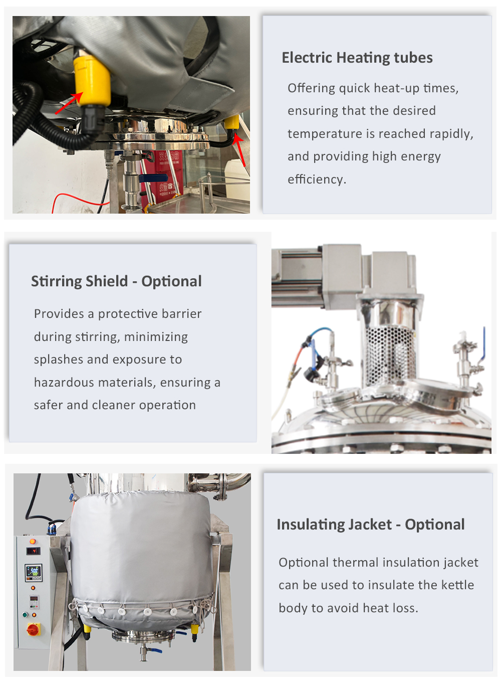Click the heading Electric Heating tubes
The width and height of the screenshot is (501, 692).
tap(357, 58)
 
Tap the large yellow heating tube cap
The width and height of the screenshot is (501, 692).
tap(92, 81)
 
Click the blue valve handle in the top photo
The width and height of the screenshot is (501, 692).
tap(153, 178)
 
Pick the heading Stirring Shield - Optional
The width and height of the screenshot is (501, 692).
tap(116, 281)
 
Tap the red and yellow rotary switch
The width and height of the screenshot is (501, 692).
tap(34, 629)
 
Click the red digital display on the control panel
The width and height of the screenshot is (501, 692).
tap(33, 551)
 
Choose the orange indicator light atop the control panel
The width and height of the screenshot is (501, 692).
tap(33, 541)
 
